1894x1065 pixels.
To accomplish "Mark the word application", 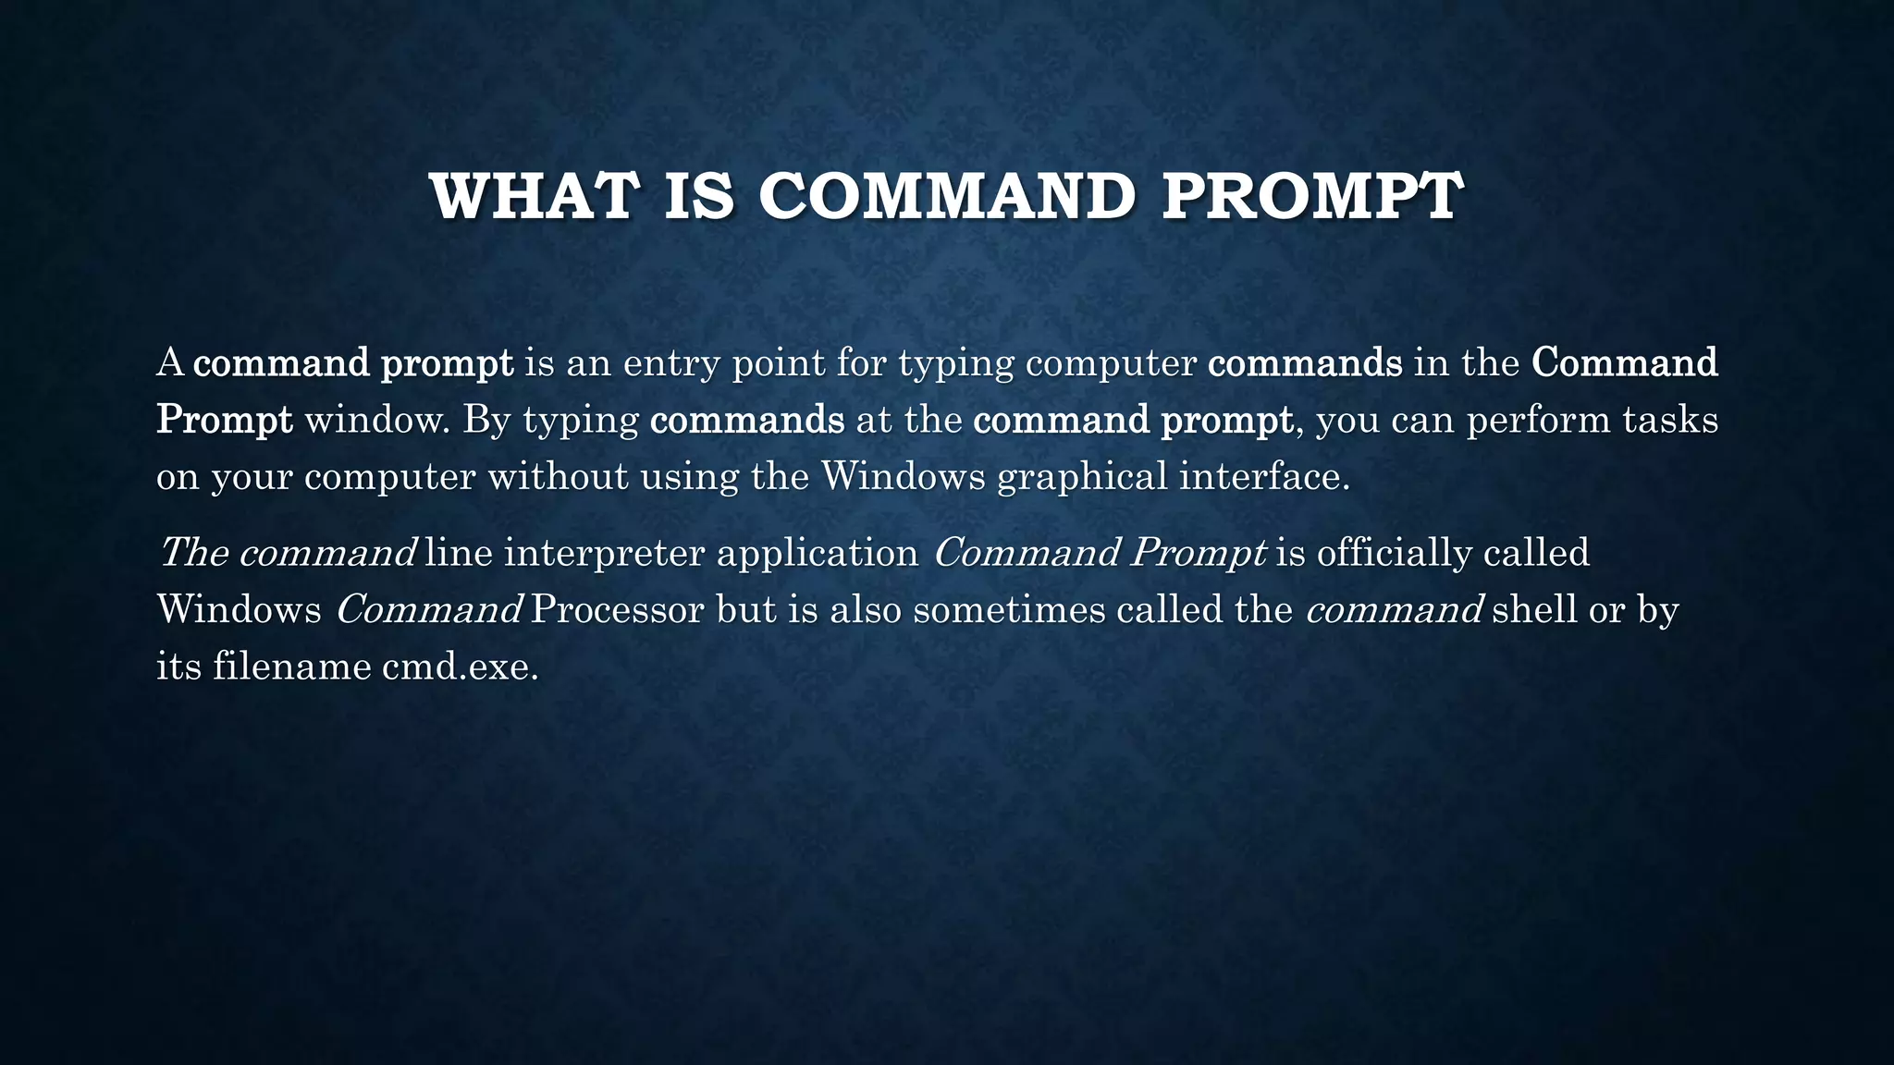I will click(817, 554).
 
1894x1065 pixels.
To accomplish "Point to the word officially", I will click(1394, 554).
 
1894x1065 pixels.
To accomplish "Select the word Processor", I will click(618, 611).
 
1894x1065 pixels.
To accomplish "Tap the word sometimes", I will click(1009, 611).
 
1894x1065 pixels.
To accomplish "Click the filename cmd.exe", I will click(460, 667).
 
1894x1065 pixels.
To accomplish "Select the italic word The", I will click(193, 554).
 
